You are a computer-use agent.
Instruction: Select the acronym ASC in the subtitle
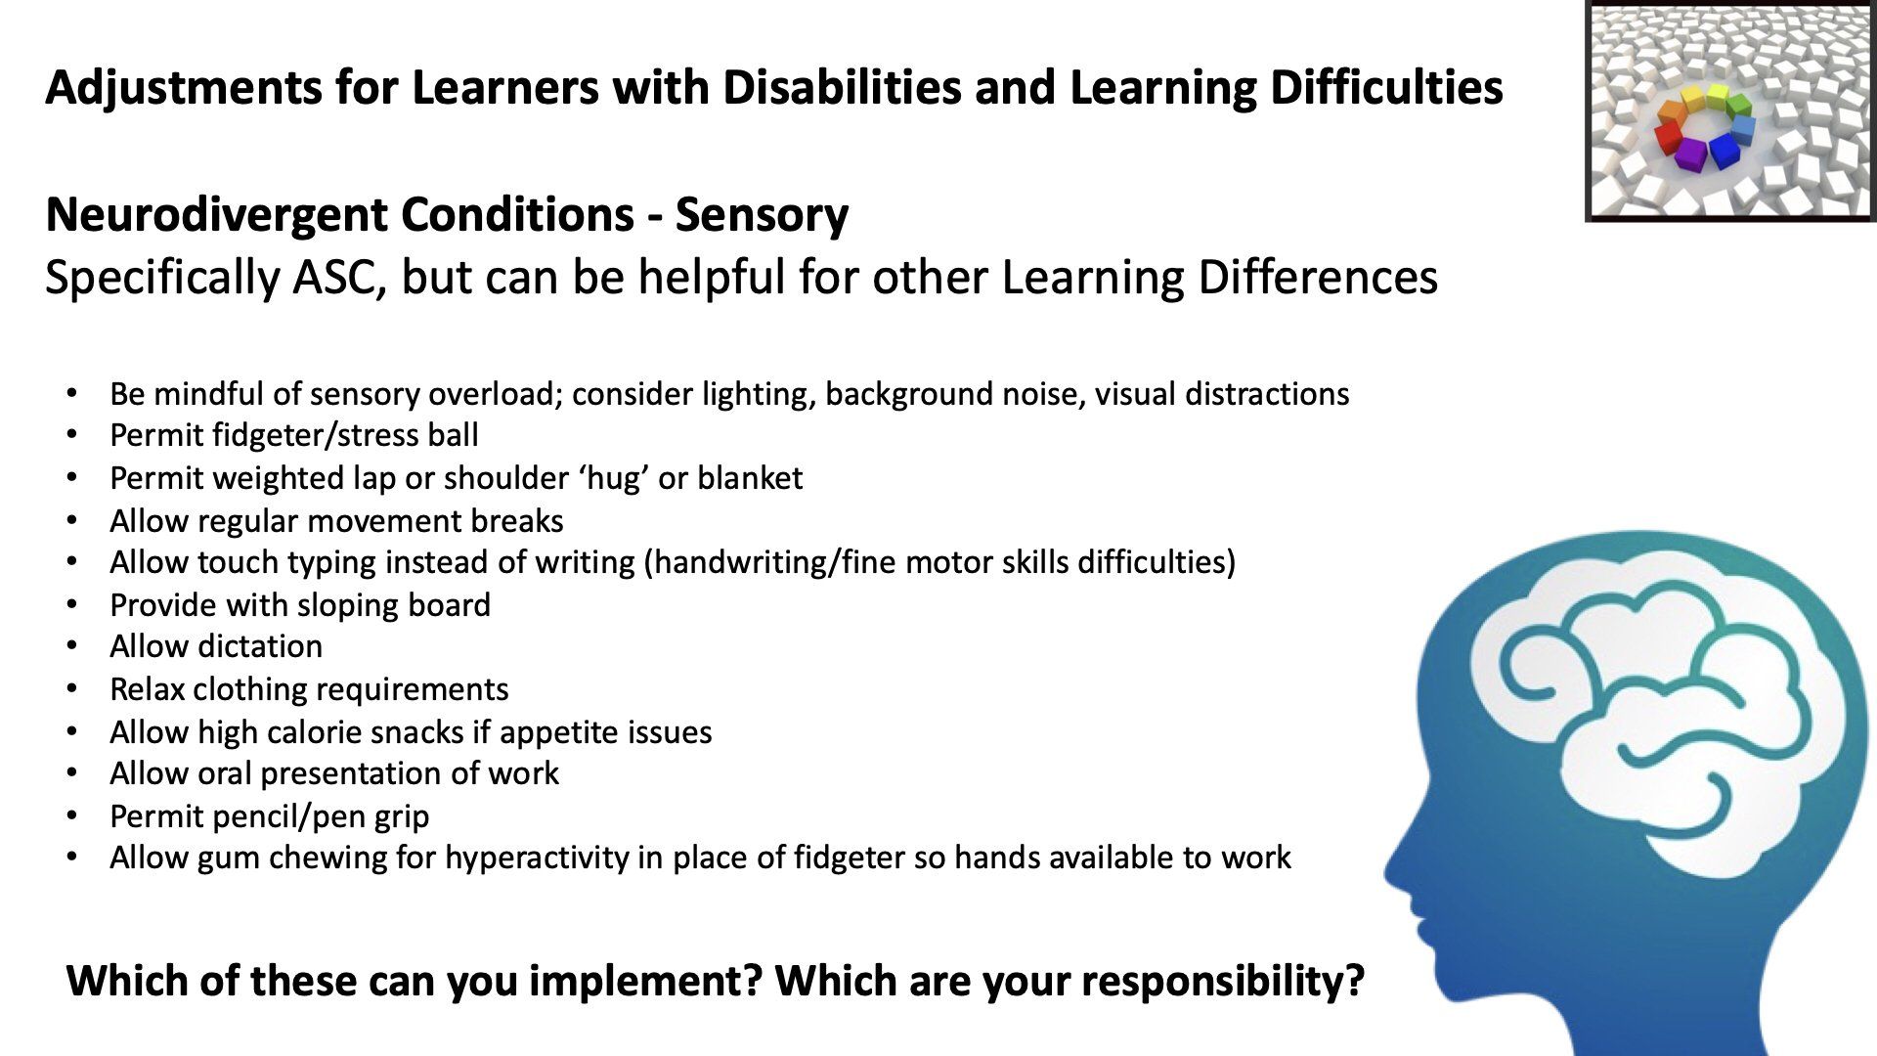pyautogui.click(x=331, y=278)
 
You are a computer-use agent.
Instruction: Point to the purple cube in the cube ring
pyautogui.click(x=1690, y=154)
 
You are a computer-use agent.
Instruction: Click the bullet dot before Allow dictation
pyautogui.click(x=71, y=646)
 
